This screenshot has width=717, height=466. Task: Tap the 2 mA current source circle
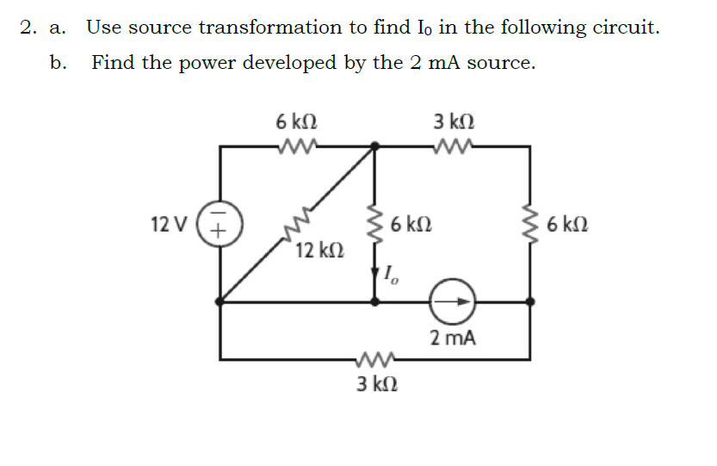455,301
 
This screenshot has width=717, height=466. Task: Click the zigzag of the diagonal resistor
298,227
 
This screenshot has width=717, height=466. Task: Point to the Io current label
390,276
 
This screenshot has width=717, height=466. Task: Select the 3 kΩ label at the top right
453,121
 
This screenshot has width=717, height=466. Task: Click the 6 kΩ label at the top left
295,121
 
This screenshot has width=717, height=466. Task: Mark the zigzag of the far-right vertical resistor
529,226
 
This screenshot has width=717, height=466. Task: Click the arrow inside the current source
460,301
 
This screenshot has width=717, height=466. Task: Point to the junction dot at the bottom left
221,301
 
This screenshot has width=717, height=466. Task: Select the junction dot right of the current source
529,301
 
